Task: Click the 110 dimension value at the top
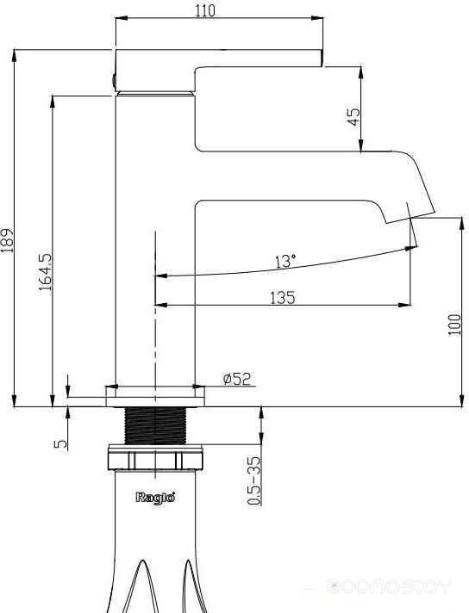click(205, 10)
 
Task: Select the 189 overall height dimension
click(7, 240)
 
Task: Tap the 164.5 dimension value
click(45, 272)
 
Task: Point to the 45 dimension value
click(353, 116)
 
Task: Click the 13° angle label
click(285, 261)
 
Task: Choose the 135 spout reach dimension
click(282, 298)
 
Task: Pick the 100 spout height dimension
click(454, 324)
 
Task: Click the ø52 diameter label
click(237, 379)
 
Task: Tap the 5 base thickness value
click(60, 443)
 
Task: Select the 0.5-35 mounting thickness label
click(254, 480)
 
